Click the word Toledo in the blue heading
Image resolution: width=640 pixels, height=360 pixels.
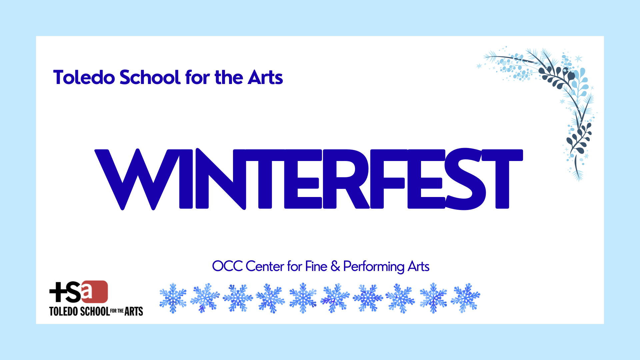pyautogui.click(x=84, y=77)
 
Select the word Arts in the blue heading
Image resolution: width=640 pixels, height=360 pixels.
pyautogui.click(x=265, y=77)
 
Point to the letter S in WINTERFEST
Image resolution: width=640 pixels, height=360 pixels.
pyautogui.click(x=466, y=179)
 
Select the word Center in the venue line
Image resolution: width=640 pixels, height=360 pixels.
pyautogui.click(x=265, y=266)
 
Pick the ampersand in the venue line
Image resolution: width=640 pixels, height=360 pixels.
pyautogui.click(x=335, y=266)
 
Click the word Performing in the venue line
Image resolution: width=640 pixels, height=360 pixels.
pyautogui.click(x=374, y=267)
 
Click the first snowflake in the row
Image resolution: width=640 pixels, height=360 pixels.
pyautogui.click(x=173, y=298)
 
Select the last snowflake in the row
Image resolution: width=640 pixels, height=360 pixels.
pyautogui.click(x=465, y=298)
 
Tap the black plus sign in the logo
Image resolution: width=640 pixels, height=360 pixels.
pyautogui.click(x=57, y=292)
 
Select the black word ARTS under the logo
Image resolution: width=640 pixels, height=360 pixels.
pyautogui.click(x=134, y=311)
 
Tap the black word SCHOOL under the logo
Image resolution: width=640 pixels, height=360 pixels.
pyautogui.click(x=95, y=311)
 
